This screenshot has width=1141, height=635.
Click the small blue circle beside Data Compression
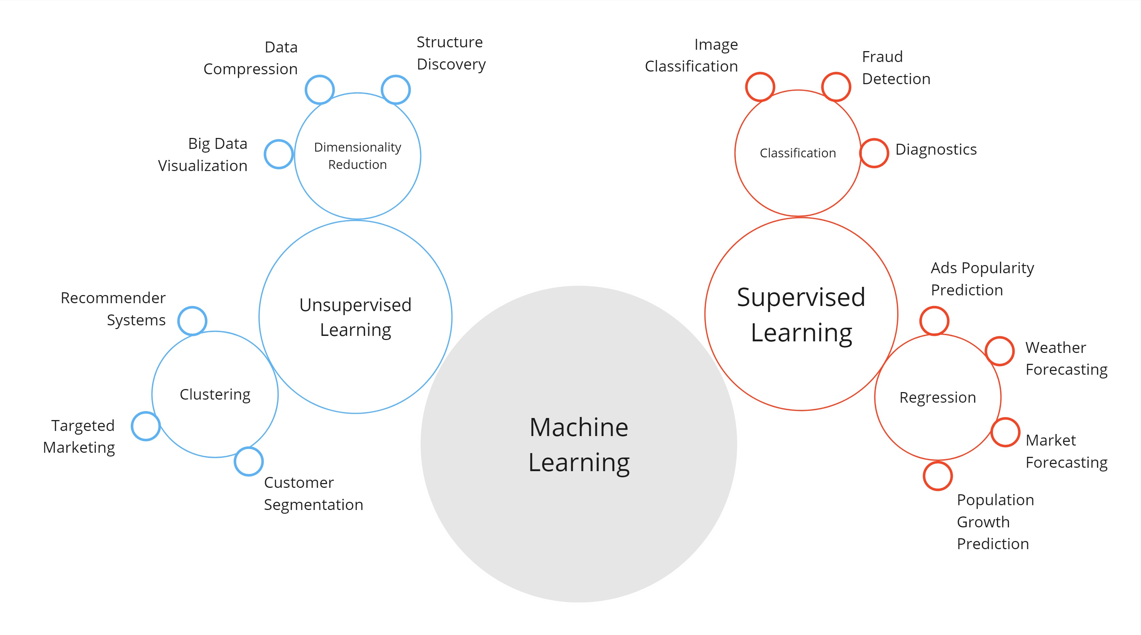click(x=319, y=90)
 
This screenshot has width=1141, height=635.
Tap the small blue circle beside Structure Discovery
click(x=396, y=90)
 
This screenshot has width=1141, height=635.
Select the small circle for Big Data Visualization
click(x=279, y=154)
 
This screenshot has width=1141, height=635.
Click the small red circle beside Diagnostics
click(x=874, y=153)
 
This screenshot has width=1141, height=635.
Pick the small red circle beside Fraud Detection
click(x=836, y=87)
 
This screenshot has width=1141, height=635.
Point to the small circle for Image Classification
click(x=760, y=87)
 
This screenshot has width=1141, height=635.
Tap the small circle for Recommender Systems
click(x=192, y=321)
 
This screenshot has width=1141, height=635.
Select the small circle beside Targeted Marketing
click(x=146, y=426)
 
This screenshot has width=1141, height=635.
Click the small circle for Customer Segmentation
click(x=249, y=461)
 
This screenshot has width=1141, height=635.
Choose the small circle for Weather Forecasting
click(x=1000, y=351)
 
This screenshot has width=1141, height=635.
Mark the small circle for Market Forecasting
click(x=1005, y=432)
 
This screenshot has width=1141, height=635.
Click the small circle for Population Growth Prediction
click(x=938, y=476)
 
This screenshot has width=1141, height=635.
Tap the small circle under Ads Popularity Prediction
click(x=934, y=321)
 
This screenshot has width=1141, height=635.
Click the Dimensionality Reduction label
click(x=358, y=156)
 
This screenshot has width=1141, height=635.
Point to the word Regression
click(x=938, y=398)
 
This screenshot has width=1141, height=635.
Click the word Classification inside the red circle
click(x=798, y=153)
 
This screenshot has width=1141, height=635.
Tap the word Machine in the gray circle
click(x=579, y=427)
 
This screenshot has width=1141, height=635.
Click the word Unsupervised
click(x=355, y=305)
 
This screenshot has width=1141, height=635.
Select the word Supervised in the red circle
click(x=801, y=297)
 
